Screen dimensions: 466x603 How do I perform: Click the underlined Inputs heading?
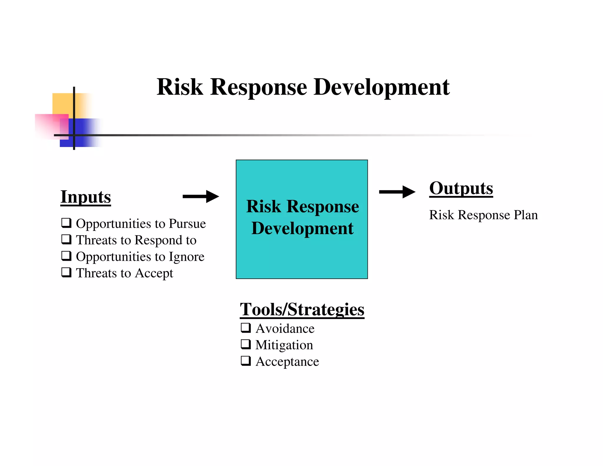pos(86,197)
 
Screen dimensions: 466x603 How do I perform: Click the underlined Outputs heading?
pos(461,188)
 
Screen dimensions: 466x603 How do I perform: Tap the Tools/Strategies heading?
pos(302,309)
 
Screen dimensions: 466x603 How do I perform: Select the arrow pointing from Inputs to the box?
pos(201,196)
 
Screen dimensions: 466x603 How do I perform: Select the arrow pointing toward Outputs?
pos(397,192)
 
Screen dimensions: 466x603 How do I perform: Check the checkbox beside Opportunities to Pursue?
pos(66,223)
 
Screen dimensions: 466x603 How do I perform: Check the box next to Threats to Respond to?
pos(66,239)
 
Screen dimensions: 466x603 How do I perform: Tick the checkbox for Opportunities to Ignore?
pos(66,256)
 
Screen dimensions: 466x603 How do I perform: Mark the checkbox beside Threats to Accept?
pos(66,272)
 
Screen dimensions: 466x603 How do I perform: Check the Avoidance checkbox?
pos(246,328)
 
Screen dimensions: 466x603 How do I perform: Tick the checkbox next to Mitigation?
pos(246,344)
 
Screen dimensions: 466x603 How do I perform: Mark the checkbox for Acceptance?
pos(246,361)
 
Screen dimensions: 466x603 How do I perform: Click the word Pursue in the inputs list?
pos(187,224)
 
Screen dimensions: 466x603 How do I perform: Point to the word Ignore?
pos(186,257)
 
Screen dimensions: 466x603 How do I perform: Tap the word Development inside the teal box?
pos(302,229)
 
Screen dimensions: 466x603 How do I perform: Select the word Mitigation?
pos(284,345)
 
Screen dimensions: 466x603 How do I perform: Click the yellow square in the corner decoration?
pos(62,103)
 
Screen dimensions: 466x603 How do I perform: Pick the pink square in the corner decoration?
pos(47,125)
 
